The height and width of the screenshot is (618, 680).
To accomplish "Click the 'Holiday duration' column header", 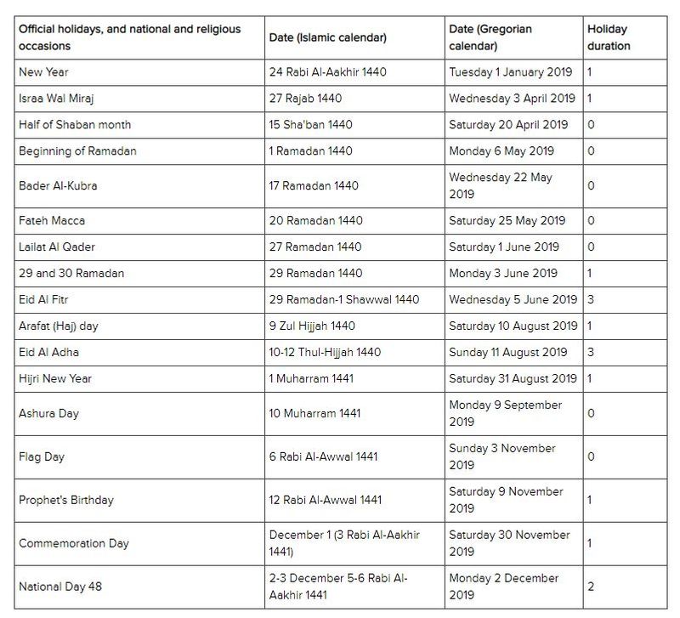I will [609, 37].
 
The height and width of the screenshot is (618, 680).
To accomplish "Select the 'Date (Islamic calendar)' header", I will [327, 37].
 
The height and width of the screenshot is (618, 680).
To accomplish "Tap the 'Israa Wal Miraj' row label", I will [57, 99].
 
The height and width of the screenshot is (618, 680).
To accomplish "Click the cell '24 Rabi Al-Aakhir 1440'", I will [327, 72].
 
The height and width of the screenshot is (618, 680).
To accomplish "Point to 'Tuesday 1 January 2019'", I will [511, 72].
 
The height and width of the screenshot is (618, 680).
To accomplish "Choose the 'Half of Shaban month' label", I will [75, 125].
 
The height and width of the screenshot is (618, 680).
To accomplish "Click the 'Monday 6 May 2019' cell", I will [501, 151].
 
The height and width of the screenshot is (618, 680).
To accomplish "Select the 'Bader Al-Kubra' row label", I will [58, 185].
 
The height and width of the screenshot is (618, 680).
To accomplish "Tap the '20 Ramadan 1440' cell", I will [315, 220].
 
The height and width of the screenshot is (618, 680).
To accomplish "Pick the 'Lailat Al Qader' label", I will [57, 247].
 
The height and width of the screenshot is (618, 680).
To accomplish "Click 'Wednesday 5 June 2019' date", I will [513, 299].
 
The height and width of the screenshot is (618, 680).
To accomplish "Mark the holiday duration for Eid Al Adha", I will [591, 352].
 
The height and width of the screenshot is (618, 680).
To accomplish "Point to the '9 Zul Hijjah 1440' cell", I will [312, 326].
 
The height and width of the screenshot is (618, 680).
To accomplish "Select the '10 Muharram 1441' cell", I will [314, 413].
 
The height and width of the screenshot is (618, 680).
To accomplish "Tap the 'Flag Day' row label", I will [42, 456].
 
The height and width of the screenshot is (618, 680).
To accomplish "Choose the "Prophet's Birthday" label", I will [66, 500].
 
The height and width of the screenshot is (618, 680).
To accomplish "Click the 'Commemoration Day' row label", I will [74, 543].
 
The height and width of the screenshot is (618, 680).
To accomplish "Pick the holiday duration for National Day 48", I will [591, 587].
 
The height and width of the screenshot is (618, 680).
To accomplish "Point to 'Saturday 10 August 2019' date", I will [512, 326].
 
